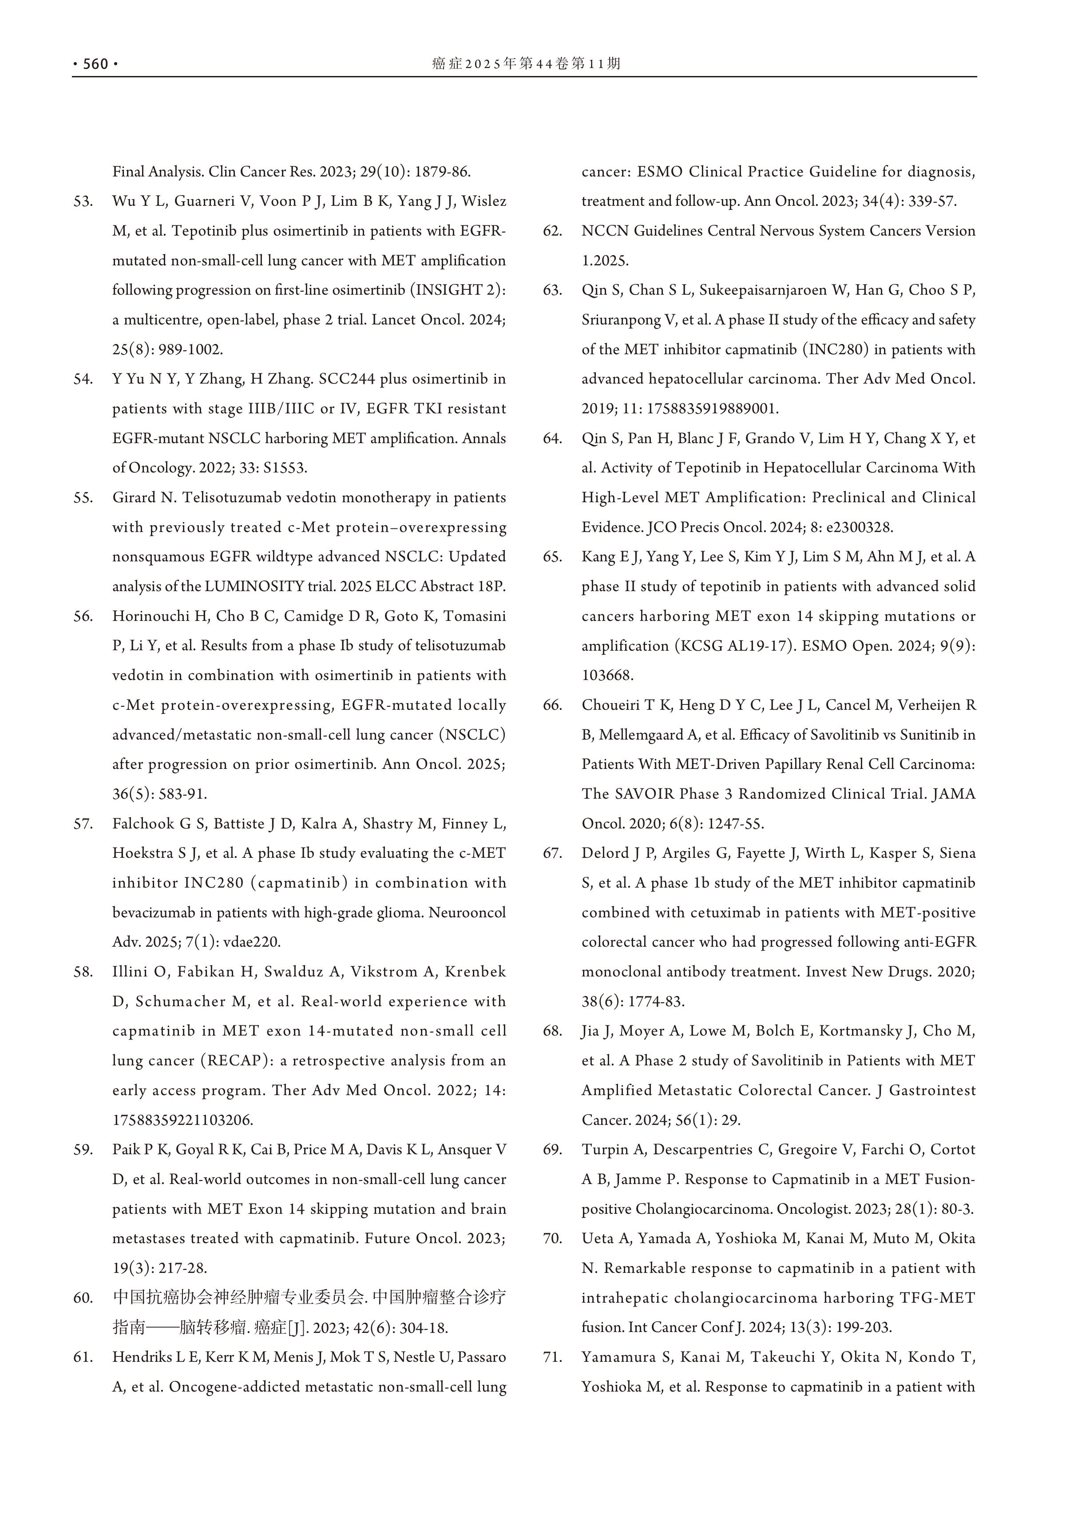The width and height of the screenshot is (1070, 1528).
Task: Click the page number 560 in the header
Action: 95,64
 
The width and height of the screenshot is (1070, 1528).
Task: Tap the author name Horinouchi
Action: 151,616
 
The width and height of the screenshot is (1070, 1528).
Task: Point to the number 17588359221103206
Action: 182,1120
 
